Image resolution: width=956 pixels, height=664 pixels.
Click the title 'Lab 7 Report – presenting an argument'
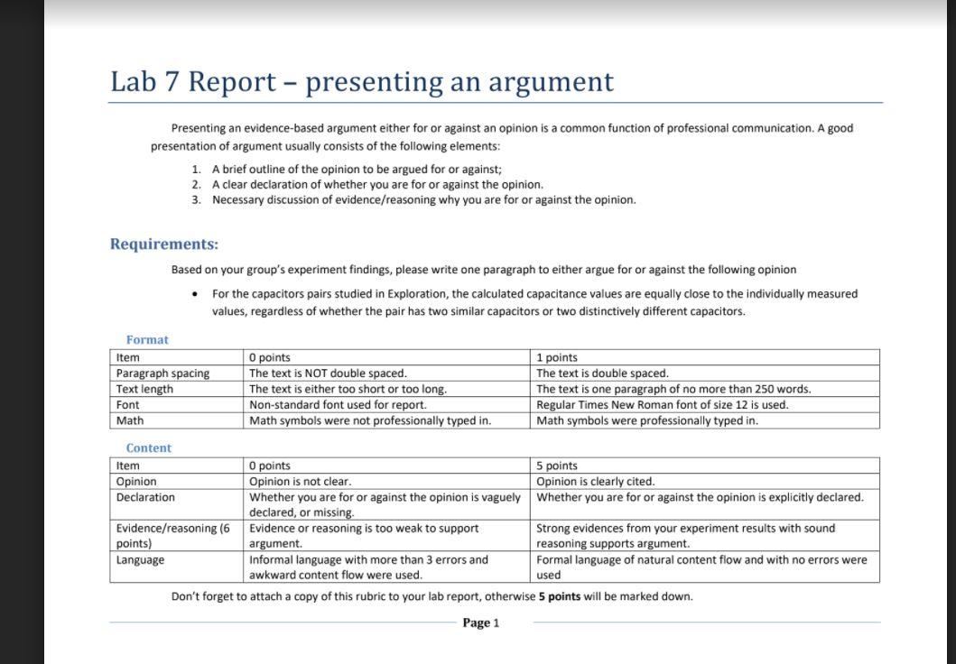[x=361, y=82]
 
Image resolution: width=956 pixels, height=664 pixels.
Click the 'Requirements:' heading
[x=163, y=244]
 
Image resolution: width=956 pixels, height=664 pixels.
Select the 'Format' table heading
[x=147, y=340]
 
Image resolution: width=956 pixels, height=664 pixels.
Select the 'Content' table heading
[x=148, y=448]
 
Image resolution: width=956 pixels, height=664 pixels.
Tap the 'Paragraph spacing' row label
[x=162, y=373]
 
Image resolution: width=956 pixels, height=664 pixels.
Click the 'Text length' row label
[x=144, y=390]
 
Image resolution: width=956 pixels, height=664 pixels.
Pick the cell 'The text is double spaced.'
[x=602, y=373]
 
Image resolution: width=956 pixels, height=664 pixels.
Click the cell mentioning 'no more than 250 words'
[x=673, y=390]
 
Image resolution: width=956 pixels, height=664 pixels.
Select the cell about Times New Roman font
[x=662, y=405]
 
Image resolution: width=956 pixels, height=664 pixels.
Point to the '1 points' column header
[x=556, y=358]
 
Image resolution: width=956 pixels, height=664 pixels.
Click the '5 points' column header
[x=556, y=466]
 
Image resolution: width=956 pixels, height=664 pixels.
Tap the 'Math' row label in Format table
[x=130, y=421]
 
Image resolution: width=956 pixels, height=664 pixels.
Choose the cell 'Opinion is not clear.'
[x=300, y=482]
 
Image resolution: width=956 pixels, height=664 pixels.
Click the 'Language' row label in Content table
[x=140, y=560]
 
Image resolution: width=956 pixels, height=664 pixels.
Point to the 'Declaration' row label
[x=145, y=498]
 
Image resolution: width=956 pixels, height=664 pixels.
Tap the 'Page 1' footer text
[x=480, y=623]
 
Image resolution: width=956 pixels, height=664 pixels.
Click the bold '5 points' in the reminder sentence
[x=560, y=596]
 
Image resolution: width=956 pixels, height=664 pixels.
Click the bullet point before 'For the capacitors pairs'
[x=195, y=294]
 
